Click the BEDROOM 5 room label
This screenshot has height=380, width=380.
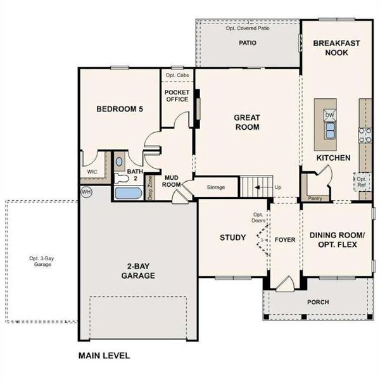coord(120,109)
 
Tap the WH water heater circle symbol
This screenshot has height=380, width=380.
coord(86,191)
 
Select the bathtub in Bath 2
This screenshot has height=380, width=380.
coord(129,193)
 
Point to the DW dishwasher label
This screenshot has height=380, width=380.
coord(329,115)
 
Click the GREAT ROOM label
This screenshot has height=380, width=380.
coord(247,122)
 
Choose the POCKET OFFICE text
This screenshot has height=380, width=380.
coord(177,95)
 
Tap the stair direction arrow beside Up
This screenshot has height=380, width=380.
coord(257,187)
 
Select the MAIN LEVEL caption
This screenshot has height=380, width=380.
coord(104,356)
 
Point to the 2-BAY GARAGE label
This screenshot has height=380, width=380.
coord(138,271)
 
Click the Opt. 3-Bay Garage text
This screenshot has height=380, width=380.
coord(40,261)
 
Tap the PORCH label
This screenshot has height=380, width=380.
coord(318,302)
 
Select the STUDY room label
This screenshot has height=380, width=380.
coord(232,237)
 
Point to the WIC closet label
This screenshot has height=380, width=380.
coord(92,172)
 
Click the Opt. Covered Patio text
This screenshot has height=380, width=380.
coord(248,28)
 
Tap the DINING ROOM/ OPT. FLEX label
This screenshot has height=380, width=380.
coord(337,240)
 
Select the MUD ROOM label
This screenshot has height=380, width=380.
coord(173,180)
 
